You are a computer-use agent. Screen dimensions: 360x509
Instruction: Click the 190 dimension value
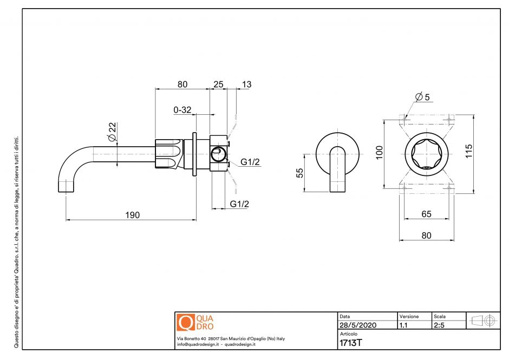coord(133,215)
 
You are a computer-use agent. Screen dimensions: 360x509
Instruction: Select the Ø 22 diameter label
coord(112,133)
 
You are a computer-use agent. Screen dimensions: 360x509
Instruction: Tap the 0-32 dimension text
coord(182,110)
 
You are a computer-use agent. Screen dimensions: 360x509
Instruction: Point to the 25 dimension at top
coord(218,84)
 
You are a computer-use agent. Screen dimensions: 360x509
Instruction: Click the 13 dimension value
coord(246,84)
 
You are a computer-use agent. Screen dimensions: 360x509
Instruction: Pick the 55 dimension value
coord(299,172)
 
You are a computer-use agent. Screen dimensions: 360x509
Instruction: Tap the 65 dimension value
coord(426,214)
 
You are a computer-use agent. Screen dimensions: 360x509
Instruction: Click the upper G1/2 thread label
coord(250,162)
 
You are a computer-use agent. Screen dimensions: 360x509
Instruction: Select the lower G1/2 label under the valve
coord(239,204)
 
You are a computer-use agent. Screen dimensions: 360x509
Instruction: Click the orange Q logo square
coord(185,323)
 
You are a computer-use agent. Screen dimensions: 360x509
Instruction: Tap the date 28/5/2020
coord(357,325)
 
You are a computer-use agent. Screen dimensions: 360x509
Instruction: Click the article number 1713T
coord(350,343)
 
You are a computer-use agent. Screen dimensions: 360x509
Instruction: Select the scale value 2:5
coord(439,325)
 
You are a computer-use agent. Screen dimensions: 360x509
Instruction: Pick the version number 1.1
coord(403,325)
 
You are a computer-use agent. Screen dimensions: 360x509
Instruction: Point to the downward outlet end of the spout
coord(66,189)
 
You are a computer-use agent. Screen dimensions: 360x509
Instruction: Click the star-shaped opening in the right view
coord(427,153)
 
